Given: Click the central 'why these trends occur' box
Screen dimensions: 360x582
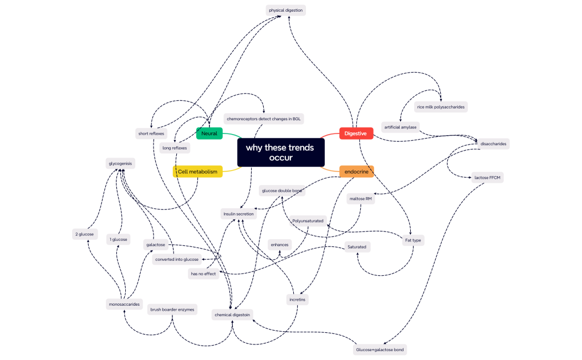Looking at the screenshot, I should click(x=280, y=152).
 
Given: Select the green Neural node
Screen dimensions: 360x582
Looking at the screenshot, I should click(x=209, y=133).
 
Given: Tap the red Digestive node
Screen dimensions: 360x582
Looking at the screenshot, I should click(x=355, y=133).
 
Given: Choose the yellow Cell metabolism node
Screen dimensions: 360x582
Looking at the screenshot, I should click(x=198, y=172).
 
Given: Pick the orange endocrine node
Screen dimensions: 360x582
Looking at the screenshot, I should click(x=356, y=172).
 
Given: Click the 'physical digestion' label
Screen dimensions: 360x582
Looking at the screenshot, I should click(x=286, y=10).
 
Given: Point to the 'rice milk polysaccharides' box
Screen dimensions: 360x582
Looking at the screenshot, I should click(x=441, y=107).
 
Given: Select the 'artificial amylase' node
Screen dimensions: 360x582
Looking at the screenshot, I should click(x=400, y=127).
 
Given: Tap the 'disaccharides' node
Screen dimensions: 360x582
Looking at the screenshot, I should click(x=493, y=143).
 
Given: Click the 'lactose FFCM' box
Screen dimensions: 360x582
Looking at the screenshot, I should click(x=487, y=178).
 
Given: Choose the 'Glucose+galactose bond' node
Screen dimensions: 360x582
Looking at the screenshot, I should click(x=380, y=350).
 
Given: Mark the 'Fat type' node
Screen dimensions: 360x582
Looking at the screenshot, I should click(x=413, y=240).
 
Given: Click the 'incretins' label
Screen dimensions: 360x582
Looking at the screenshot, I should click(x=297, y=300).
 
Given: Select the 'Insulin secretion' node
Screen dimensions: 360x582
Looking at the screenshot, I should click(x=238, y=214).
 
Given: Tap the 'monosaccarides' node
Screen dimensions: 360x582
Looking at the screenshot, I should click(x=124, y=304).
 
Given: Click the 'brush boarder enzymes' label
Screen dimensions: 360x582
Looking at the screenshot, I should click(x=172, y=310).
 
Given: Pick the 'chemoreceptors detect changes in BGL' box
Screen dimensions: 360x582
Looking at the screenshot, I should click(x=264, y=119).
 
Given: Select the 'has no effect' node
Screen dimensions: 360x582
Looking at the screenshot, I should click(x=203, y=274).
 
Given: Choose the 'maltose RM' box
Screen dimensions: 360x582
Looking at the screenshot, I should click(x=360, y=198).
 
